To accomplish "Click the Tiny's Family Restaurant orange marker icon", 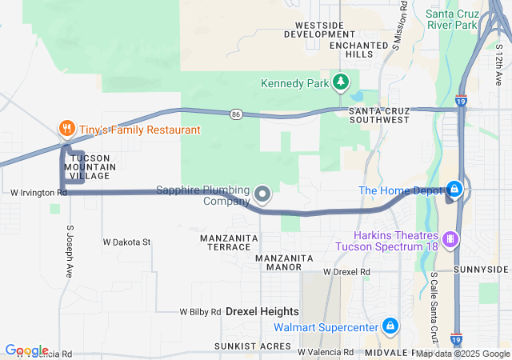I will pyautogui.click(x=67, y=129).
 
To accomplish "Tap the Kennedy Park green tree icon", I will pyautogui.click(x=341, y=82).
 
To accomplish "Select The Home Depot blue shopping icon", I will pyautogui.click(x=454, y=190).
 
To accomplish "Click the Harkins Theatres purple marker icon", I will pyautogui.click(x=452, y=239).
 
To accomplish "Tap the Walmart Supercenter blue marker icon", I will pyautogui.click(x=390, y=326).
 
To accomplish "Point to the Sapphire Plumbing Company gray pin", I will pyautogui.click(x=262, y=194).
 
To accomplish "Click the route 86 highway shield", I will pyautogui.click(x=236, y=114).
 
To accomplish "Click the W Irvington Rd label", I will pyautogui.click(x=38, y=193).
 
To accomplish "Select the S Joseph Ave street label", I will pyautogui.click(x=70, y=250).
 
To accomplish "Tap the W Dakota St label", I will pyautogui.click(x=126, y=242).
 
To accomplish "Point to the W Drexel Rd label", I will pyautogui.click(x=346, y=272).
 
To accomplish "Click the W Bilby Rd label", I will pyautogui.click(x=199, y=312).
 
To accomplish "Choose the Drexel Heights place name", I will pyautogui.click(x=262, y=310).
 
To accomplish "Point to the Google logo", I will pyautogui.click(x=26, y=350).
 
